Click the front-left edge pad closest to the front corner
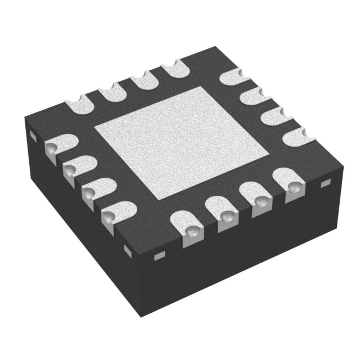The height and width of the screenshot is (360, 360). tap(112, 211)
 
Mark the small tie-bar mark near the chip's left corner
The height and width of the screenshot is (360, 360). tap(33, 136)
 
